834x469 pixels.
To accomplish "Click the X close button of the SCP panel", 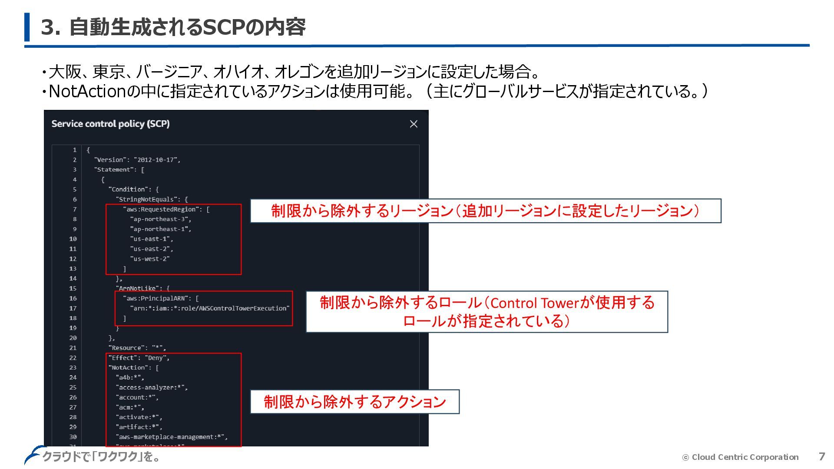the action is tap(414, 124).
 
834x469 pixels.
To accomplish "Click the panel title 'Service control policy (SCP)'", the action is tap(110, 124).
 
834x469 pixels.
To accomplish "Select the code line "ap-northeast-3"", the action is tap(160, 219).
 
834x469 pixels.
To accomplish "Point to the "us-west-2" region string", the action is tap(149, 259).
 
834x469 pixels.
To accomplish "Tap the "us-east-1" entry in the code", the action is tap(151, 239).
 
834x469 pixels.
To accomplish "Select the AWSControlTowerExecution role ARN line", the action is tap(210, 308).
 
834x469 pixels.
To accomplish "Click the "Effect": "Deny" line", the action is tap(139, 358).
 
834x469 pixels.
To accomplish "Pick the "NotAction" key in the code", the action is tap(129, 368).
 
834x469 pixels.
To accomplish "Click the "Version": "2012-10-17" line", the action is tap(137, 160).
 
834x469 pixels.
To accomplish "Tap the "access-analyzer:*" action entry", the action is tap(152, 387).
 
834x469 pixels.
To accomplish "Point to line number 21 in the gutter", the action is tap(73, 348).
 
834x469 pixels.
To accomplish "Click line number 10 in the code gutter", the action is tap(73, 239).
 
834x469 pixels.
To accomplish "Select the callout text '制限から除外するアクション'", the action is tap(354, 402).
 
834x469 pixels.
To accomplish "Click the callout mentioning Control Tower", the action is tap(486, 312).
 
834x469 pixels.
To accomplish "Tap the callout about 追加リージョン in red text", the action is tap(485, 211).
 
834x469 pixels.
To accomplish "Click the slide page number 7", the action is tap(821, 456).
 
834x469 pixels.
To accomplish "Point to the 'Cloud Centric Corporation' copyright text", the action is tap(745, 457).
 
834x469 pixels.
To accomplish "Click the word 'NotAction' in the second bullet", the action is tap(87, 91).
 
